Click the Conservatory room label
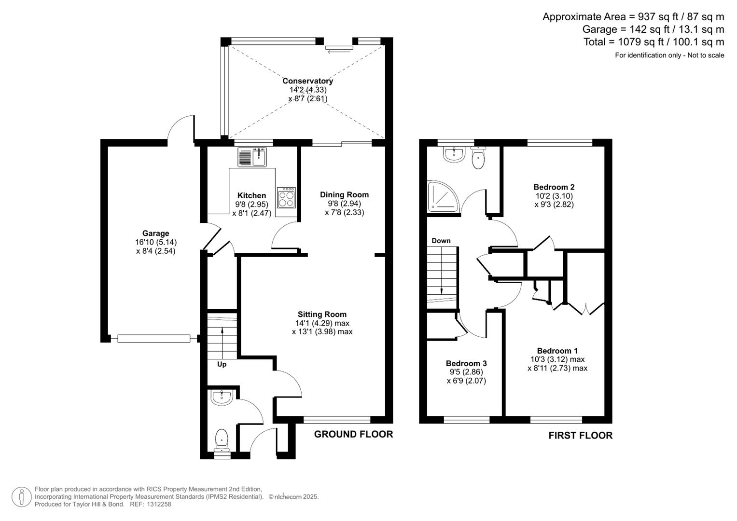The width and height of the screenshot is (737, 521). (x=307, y=81)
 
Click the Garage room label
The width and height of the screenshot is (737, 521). (x=155, y=233)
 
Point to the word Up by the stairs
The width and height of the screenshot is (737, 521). (x=222, y=364)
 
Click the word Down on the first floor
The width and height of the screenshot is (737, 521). (x=441, y=241)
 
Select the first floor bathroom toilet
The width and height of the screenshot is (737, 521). (x=478, y=159)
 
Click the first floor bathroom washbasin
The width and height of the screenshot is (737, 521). (x=453, y=154)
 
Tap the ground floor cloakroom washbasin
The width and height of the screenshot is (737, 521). (x=222, y=398)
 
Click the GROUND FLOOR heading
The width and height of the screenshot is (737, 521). (x=353, y=434)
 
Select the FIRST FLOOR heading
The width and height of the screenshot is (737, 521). (x=580, y=436)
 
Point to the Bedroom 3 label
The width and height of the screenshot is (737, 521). (x=466, y=363)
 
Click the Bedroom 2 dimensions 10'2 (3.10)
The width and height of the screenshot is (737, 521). (x=554, y=196)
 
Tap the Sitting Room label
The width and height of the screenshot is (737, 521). (x=322, y=315)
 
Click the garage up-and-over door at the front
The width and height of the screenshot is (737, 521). (x=153, y=339)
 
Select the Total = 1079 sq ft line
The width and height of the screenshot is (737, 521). (x=654, y=42)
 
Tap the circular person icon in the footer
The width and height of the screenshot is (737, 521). (x=22, y=497)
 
